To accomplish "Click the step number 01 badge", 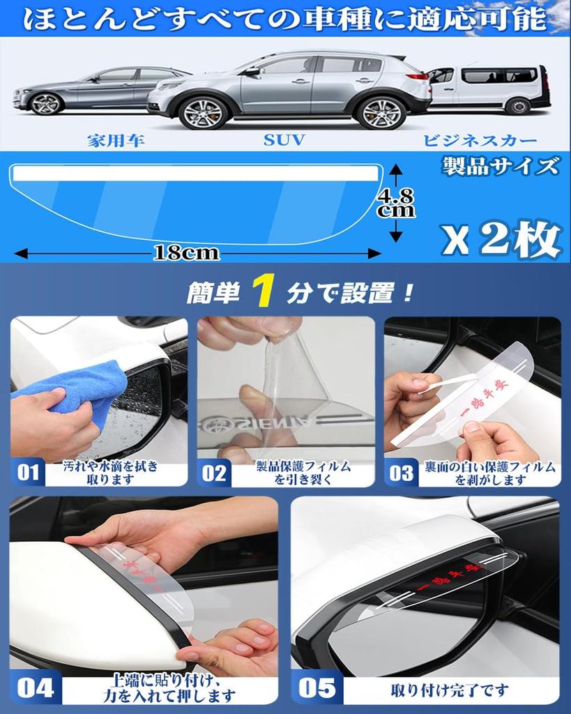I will click(28, 473).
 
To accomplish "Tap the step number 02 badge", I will click(214, 473).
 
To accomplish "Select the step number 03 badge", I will click(402, 473).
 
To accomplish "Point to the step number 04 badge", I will click(35, 689).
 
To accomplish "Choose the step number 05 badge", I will click(317, 689).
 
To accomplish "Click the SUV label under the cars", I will click(284, 140).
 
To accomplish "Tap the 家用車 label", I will click(116, 140).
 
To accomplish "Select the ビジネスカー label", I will click(480, 140).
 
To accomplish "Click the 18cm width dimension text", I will click(186, 253).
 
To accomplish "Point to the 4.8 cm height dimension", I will click(397, 202).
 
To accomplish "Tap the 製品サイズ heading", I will click(500, 167).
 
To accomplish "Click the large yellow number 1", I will click(262, 291).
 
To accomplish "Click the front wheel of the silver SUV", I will click(203, 112).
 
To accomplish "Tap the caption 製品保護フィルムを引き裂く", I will click(303, 473).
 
